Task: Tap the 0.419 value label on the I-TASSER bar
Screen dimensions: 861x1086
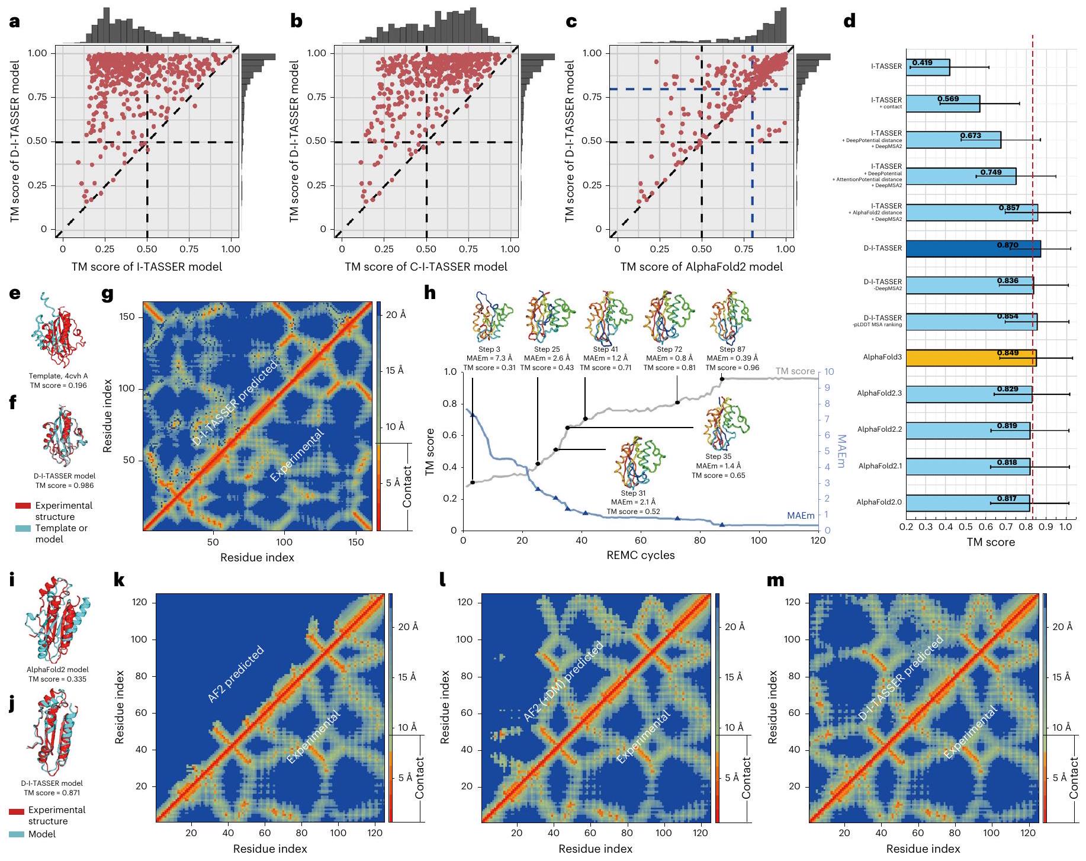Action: [922, 62]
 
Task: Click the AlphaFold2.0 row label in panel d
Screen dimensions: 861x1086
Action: [879, 502]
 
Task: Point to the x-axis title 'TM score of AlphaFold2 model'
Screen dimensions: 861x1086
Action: [701, 267]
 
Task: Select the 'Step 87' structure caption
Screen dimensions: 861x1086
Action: [732, 349]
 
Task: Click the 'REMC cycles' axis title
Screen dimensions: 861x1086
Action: [640, 555]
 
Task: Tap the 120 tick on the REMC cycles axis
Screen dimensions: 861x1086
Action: [818, 540]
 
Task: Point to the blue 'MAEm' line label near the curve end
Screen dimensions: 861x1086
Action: [801, 516]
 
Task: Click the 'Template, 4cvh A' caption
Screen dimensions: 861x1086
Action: [58, 376]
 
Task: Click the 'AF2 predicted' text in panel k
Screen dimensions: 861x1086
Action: [236, 675]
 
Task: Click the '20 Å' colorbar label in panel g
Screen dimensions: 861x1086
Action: [396, 315]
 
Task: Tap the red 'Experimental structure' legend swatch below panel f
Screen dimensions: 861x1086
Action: [23, 506]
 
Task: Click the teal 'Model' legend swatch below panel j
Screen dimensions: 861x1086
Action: [17, 834]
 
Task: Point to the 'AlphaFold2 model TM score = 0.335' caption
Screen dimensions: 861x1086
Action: [57, 674]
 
